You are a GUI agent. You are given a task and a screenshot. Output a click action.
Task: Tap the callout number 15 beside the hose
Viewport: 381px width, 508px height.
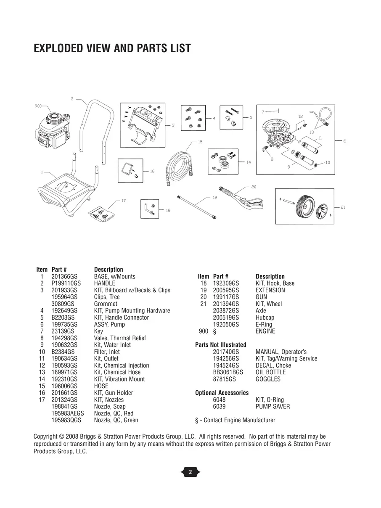pyautogui.click(x=200, y=142)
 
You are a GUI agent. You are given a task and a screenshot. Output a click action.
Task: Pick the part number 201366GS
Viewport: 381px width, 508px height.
pyautogui.click(x=64, y=277)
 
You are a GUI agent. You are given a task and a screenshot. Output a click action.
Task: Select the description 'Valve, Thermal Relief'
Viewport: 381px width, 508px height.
pyautogui.click(x=120, y=338)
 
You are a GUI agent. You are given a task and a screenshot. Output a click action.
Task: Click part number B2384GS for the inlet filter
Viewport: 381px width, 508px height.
pyautogui.click(x=63, y=352)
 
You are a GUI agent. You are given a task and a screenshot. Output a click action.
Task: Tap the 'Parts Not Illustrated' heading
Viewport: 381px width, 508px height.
pyautogui.click(x=220, y=345)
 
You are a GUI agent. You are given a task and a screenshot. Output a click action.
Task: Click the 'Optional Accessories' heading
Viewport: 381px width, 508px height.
pyautogui.click(x=222, y=393)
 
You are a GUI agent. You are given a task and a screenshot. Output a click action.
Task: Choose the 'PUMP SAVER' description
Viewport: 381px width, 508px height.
pyautogui.click(x=273, y=406)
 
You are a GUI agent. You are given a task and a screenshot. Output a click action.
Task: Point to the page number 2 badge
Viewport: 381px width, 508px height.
pyautogui.click(x=190, y=472)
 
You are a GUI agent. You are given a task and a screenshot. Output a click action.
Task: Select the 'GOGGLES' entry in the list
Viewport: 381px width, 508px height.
pyautogui.click(x=268, y=379)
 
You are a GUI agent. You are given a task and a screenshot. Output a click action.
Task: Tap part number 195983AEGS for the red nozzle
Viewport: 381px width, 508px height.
pyautogui.click(x=68, y=413)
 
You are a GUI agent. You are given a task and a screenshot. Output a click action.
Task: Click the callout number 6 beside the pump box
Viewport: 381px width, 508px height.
pyautogui.click(x=344, y=141)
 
